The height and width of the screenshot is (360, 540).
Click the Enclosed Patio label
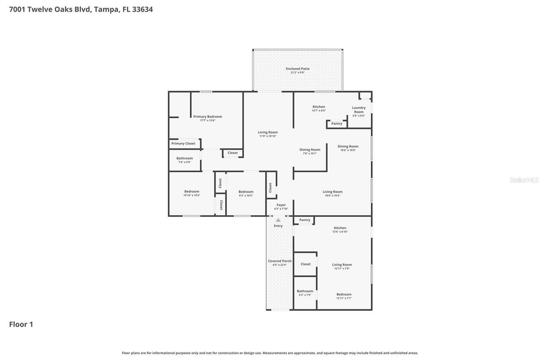(297, 69)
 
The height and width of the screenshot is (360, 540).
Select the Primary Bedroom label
(208, 117)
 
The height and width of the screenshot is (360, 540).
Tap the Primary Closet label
(183, 143)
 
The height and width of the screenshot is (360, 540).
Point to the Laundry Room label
(359, 110)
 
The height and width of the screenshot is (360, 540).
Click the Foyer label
(281, 205)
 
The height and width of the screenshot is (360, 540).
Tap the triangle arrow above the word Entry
(278, 220)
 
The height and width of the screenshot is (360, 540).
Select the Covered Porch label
(280, 261)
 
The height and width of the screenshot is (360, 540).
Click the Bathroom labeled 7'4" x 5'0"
(184, 159)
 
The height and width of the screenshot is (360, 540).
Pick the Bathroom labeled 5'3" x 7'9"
(305, 291)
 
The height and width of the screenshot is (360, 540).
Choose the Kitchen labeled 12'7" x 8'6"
(319, 107)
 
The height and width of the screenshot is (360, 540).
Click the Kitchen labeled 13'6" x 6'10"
(340, 228)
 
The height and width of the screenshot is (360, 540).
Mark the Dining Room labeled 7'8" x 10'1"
(310, 150)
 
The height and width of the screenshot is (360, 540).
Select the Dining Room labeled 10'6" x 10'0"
(348, 147)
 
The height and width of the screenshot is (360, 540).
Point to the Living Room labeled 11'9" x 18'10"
(268, 133)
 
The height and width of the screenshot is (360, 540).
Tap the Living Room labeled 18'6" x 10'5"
(332, 192)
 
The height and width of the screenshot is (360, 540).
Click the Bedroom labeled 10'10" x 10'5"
(192, 192)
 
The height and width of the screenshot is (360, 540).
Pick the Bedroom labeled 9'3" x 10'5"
(246, 192)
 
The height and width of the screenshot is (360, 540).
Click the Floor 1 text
(21, 324)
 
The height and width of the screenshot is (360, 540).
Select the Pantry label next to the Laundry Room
(337, 124)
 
